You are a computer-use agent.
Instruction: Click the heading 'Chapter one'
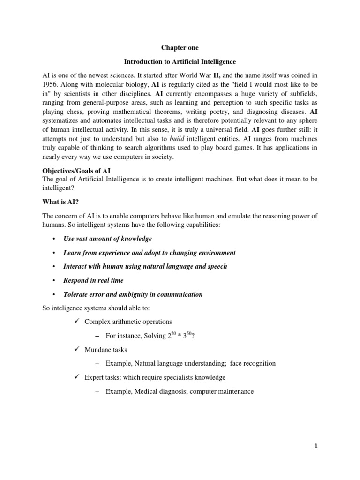(x=180, y=48)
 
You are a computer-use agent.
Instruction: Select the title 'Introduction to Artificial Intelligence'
(x=180, y=61)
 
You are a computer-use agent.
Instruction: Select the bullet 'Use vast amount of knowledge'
(x=108, y=239)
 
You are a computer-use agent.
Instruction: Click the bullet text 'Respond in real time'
(x=93, y=280)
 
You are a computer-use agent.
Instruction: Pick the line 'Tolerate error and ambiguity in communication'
(x=133, y=294)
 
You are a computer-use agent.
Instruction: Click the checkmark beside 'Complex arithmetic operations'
(x=77, y=322)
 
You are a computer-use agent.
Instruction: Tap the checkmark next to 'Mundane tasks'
(x=77, y=349)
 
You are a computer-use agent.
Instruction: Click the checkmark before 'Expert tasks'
(x=77, y=377)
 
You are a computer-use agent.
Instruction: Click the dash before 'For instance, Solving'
(x=97, y=336)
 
